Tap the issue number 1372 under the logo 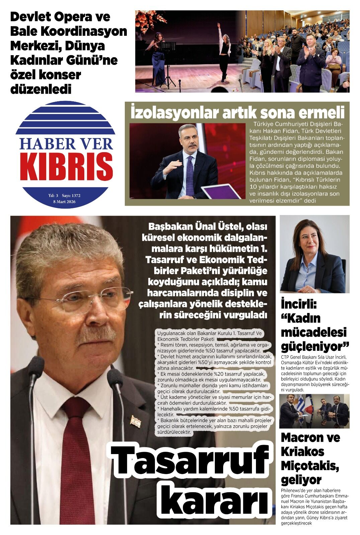[76, 196]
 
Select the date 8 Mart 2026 [64, 202]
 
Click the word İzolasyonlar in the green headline [174, 113]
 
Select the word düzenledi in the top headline [41, 89]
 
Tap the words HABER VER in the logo [66, 144]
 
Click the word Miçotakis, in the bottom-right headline [310, 465]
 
